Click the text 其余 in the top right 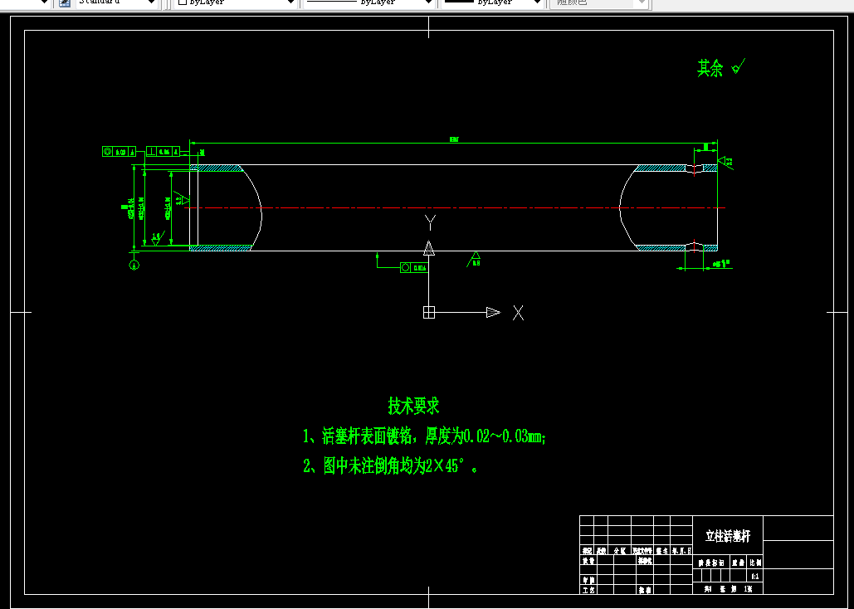pos(710,69)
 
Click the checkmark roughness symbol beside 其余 pos(739,66)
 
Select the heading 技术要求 pos(413,406)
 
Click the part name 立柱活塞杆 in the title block pos(727,536)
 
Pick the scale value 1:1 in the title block pos(754,575)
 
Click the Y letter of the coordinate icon pos(430,222)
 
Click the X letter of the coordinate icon pos(518,313)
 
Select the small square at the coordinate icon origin pos(429,312)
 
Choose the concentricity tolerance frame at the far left pos(119,151)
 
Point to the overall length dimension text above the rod pos(453,139)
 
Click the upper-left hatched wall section pos(216,168)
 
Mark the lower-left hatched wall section pos(221,247)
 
